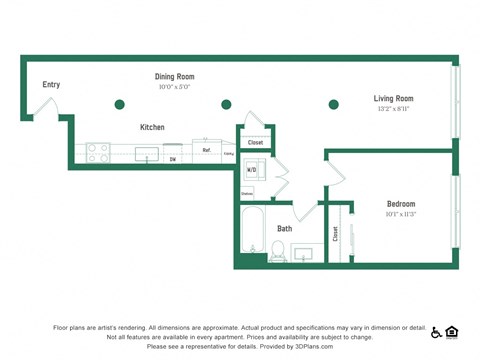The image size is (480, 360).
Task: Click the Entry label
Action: [51, 84]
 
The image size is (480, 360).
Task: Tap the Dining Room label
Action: [174, 76]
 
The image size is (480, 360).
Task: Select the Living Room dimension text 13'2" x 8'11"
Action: [393, 109]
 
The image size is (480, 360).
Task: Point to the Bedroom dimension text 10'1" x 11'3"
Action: [400, 214]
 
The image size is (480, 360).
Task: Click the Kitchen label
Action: [152, 127]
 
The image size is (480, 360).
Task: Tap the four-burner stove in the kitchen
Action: [98, 153]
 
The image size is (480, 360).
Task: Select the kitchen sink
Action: [147, 154]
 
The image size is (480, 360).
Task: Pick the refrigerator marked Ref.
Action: [207, 150]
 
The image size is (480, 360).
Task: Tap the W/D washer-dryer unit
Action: [252, 170]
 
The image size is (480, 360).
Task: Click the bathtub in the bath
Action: [252, 233]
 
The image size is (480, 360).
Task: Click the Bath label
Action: [285, 228]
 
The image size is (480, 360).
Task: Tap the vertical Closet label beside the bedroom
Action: [336, 233]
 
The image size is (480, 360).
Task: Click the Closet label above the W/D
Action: [255, 143]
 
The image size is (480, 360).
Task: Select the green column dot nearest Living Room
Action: [334, 104]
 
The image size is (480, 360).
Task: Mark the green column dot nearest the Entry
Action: [120, 104]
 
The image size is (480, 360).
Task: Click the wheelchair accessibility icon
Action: [435, 332]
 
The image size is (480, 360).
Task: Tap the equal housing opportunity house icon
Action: [451, 332]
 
